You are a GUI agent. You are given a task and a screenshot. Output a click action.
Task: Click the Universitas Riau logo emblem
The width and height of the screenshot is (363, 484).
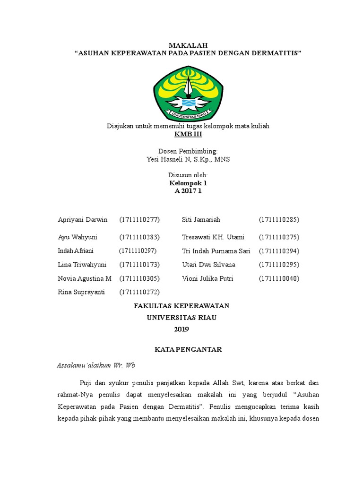pos(188,94)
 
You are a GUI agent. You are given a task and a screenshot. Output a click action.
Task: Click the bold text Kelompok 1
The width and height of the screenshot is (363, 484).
pos(188,183)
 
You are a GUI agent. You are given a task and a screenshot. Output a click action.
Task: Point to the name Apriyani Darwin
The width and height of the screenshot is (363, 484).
pos(83,220)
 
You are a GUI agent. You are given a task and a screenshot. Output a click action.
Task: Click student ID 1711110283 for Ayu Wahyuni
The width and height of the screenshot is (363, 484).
pos(140,237)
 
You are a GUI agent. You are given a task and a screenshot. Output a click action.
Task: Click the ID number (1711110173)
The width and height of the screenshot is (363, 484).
pos(140,264)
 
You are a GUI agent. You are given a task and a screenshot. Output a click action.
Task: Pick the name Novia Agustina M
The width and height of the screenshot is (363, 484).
pos(85,278)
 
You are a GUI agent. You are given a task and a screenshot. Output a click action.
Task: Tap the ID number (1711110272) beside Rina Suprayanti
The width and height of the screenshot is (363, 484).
pos(140,292)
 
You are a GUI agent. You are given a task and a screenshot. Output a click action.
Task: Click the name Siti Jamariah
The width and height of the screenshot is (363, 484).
pos(201,220)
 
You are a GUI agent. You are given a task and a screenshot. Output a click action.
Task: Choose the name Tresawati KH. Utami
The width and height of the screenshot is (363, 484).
pos(213,237)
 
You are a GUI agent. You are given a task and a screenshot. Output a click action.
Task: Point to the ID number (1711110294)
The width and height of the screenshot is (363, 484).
pos(279,251)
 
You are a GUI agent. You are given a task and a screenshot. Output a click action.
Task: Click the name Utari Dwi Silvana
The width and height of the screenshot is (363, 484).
pos(208,264)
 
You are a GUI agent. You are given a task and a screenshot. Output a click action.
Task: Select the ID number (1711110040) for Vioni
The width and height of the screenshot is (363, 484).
pos(279,278)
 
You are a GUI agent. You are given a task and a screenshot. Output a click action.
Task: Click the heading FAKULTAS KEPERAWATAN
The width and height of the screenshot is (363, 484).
pos(181,306)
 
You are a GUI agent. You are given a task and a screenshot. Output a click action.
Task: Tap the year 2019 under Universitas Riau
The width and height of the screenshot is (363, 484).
pos(181,329)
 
